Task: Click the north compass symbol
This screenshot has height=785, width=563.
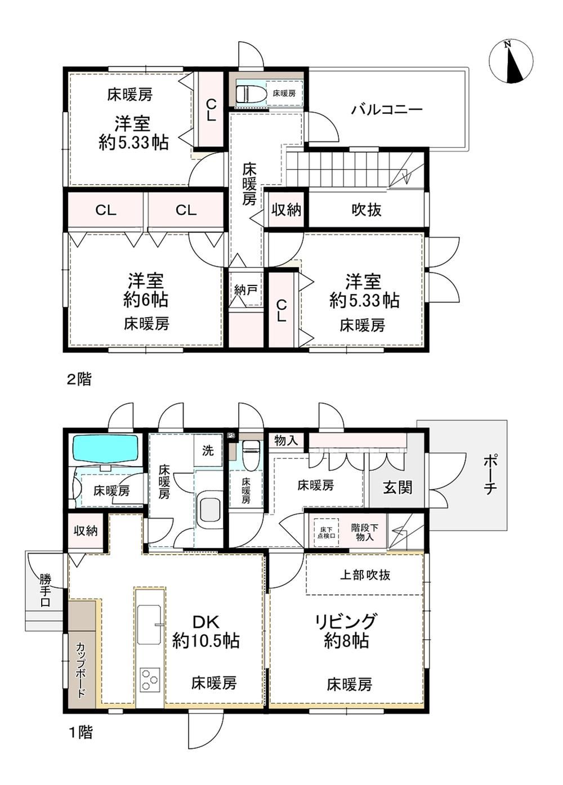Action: (x=511, y=62)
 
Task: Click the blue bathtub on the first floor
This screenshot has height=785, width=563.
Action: (x=105, y=449)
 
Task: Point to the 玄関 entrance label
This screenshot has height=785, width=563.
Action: (x=397, y=488)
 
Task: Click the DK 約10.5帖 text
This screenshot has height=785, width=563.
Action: (x=205, y=631)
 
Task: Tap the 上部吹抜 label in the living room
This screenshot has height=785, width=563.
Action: (x=365, y=575)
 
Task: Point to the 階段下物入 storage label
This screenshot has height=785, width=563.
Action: (x=365, y=533)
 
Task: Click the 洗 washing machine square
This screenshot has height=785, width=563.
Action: (x=208, y=451)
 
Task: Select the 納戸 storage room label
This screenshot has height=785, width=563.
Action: (x=246, y=290)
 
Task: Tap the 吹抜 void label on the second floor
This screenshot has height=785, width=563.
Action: (x=367, y=210)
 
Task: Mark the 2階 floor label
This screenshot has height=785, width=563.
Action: (x=79, y=379)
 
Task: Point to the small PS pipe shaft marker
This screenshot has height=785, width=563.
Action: (x=230, y=436)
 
